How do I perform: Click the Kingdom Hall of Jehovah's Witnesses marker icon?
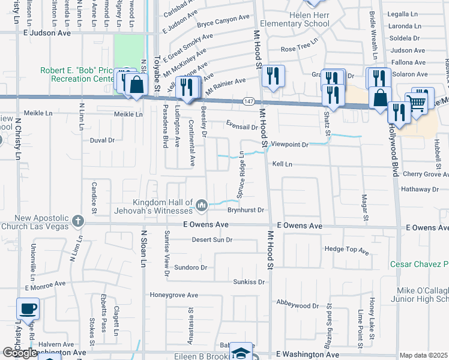[x=201, y=206]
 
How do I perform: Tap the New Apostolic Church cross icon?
[x=77, y=221]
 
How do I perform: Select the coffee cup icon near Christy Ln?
[x=28, y=310]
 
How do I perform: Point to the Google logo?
[x=20, y=353]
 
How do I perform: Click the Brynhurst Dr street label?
[x=246, y=210]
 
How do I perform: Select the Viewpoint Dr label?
[x=289, y=145]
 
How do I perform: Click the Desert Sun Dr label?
[x=212, y=240]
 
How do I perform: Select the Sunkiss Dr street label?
[x=249, y=281]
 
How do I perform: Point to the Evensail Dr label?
[x=242, y=127]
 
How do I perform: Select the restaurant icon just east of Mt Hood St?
[x=273, y=76]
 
